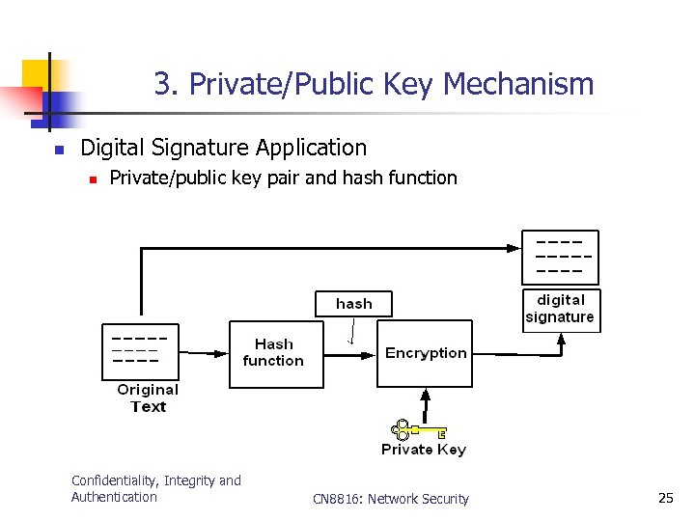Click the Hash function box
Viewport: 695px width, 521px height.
click(x=275, y=354)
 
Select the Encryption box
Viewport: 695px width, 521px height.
click(x=425, y=354)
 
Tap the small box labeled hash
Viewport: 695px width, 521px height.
click(x=353, y=303)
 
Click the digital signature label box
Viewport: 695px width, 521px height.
click(x=561, y=310)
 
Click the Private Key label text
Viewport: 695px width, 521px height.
click(x=423, y=450)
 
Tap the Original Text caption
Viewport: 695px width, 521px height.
click(x=148, y=398)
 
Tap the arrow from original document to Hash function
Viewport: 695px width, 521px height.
click(x=203, y=354)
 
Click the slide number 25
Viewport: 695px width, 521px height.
click(x=665, y=498)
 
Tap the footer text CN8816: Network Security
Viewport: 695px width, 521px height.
click(x=391, y=499)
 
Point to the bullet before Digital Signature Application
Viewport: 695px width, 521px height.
click(x=58, y=151)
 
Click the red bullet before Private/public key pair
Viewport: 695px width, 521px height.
click(x=91, y=178)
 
